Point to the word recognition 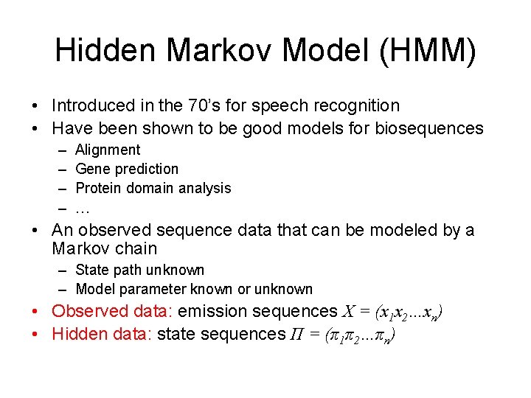click(361, 106)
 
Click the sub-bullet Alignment click(108, 150)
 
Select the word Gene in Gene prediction click(91, 170)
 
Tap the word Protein click(99, 189)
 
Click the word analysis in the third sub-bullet click(206, 189)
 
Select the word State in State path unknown click(92, 270)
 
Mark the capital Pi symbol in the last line click(295, 334)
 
